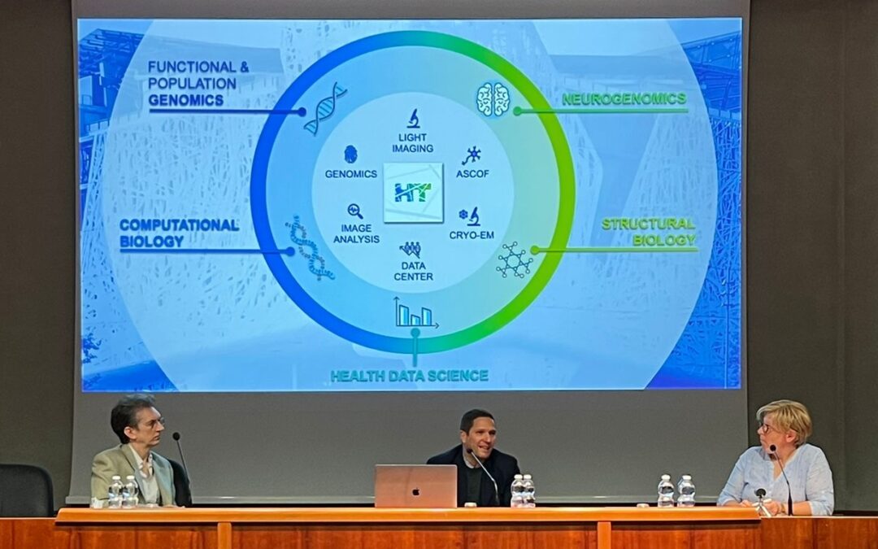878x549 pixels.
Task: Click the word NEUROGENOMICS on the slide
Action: point(624,99)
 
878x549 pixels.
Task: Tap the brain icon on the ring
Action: point(493,99)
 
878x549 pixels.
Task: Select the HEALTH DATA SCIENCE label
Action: point(409,375)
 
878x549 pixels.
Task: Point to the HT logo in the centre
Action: point(413,192)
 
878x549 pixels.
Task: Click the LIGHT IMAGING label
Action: point(413,143)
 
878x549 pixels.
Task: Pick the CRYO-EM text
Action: point(472,235)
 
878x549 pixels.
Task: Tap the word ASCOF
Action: point(472,174)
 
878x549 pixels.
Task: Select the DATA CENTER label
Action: point(413,271)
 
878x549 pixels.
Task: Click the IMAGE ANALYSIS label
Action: point(356,233)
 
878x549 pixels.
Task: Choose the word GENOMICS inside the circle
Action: point(351,174)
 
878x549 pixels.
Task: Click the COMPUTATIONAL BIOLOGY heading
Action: point(179,233)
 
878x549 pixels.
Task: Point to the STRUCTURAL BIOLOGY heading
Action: point(649,232)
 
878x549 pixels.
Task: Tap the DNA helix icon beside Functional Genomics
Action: point(325,109)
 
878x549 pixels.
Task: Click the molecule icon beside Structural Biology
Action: point(515,260)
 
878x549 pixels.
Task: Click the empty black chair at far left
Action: point(26,490)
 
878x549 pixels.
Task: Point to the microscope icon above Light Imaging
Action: point(413,118)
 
